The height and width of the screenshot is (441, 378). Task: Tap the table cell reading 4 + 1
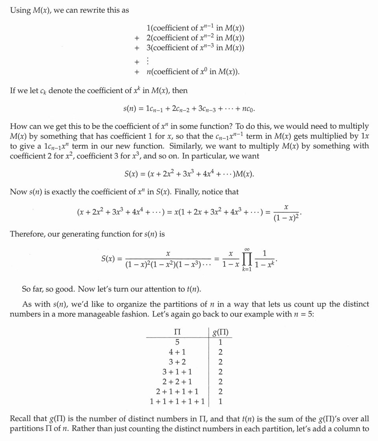tap(177, 352)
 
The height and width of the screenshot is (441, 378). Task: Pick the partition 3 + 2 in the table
tap(177, 362)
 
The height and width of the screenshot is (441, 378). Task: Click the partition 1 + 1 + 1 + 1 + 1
tap(177, 401)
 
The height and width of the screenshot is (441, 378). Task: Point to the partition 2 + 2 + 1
tap(177, 381)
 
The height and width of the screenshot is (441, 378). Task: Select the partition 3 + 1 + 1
tap(177, 371)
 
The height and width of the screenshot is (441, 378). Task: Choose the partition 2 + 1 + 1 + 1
tap(177, 391)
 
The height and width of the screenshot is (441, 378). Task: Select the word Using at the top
tap(20, 11)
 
